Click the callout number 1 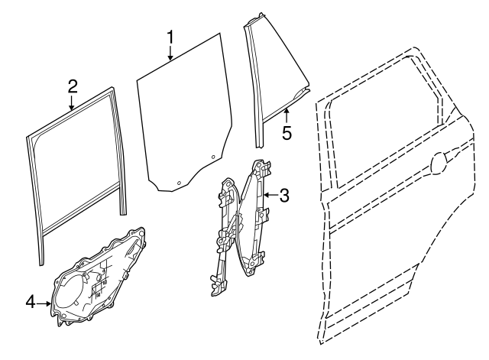click(x=170, y=37)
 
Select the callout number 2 click(x=73, y=86)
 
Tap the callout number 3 click(x=284, y=196)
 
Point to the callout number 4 click(x=31, y=302)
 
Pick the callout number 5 click(x=287, y=133)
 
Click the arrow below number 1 click(x=170, y=53)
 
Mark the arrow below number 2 click(x=72, y=103)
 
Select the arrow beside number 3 click(x=270, y=195)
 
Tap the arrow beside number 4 click(x=44, y=303)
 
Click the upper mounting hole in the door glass click(x=213, y=157)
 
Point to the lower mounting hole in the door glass click(x=179, y=183)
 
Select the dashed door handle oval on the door click(x=440, y=163)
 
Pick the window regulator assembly click(x=241, y=228)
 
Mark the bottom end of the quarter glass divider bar click(x=260, y=146)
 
